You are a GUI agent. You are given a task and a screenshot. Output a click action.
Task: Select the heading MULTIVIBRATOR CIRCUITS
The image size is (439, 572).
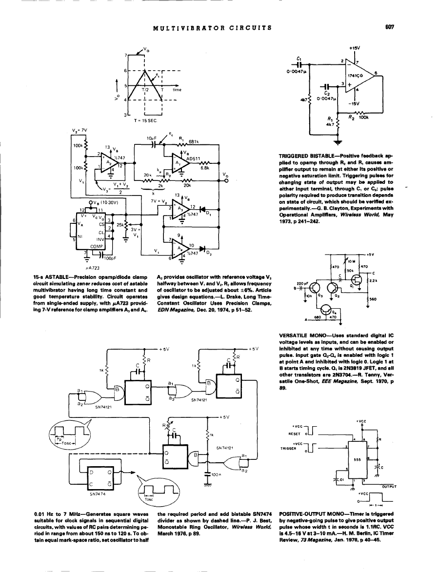pyautogui.click(x=212, y=28)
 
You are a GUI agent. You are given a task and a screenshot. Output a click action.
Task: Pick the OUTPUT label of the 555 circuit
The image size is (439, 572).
pyautogui.click(x=389, y=486)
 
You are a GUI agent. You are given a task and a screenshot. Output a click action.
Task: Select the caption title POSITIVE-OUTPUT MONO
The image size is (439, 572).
pyautogui.click(x=311, y=513)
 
